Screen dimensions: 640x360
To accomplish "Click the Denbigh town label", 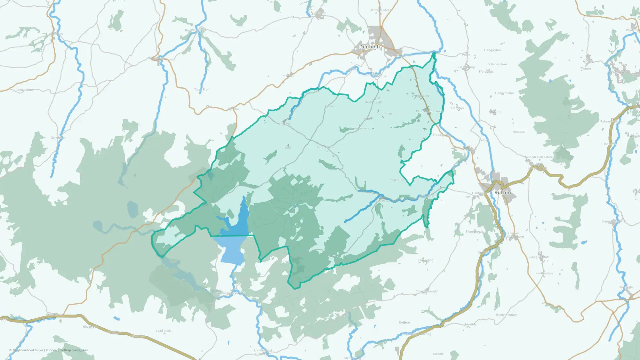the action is click(370, 47).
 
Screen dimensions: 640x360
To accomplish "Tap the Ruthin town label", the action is click(502, 192).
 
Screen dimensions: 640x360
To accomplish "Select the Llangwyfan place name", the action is click(492, 50).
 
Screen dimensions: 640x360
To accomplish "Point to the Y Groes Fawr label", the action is click(498, 64).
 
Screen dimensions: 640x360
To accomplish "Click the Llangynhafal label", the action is click(504, 93).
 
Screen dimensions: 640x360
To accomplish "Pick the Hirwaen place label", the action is click(518, 132).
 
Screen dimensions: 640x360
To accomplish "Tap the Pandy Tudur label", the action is click(25, 90).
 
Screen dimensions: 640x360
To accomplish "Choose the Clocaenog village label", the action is click(426, 260).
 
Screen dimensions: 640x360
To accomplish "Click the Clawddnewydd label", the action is click(427, 292).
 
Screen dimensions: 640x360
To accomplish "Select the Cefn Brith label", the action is click(163, 331).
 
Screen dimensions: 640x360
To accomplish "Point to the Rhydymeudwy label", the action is click(506, 315).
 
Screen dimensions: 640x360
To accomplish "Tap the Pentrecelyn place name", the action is click(544, 273).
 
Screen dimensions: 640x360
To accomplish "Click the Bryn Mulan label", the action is click(373, 102).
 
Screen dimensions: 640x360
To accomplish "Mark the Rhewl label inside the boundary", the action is click(389, 114).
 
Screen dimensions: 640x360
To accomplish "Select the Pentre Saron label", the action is click(326, 147).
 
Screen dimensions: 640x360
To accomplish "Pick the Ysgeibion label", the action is click(397, 180).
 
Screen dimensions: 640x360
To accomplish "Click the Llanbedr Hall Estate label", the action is click(538, 157).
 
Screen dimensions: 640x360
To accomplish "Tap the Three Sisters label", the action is click(442, 135).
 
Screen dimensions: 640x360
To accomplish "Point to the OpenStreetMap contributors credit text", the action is click(69, 350).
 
